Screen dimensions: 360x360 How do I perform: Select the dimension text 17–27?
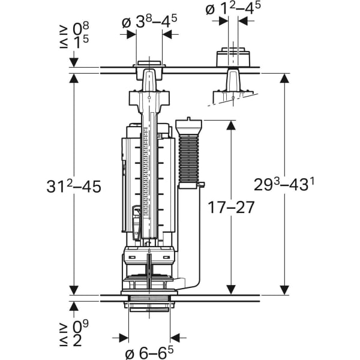coord(231,207)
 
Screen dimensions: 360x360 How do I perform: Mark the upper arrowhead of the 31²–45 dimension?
coord(73,79)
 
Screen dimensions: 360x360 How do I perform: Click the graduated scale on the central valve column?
coord(149,174)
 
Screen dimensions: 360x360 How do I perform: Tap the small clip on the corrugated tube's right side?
coord(203,185)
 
